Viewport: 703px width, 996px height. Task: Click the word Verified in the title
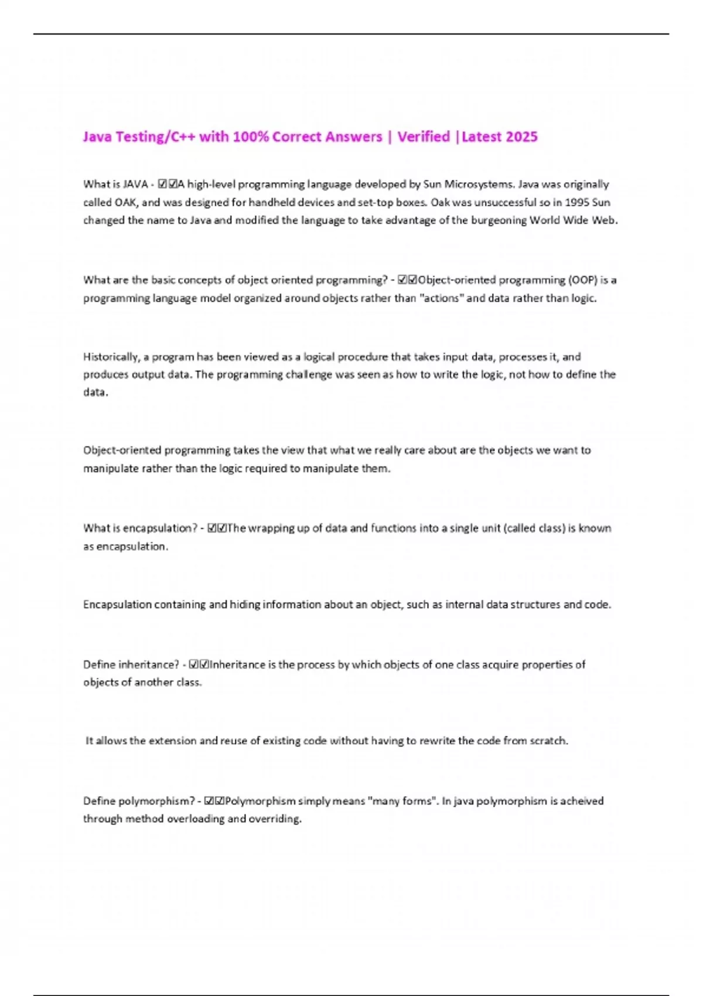point(424,137)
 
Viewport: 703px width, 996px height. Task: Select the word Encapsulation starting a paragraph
point(117,605)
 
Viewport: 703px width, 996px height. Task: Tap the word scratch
point(549,741)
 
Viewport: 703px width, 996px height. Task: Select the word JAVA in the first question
point(135,185)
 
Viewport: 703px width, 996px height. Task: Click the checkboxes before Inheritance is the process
point(199,665)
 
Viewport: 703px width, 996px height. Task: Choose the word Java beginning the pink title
point(97,137)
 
